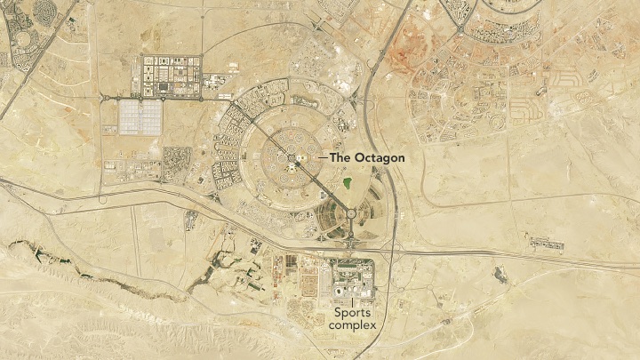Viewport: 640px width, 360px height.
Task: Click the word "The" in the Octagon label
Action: pos(340,157)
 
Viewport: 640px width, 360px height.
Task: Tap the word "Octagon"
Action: pos(380,157)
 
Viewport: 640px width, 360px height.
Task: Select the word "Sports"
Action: pos(352,313)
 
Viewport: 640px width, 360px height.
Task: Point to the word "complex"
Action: pos(352,325)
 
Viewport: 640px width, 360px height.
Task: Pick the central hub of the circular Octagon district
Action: pos(292,158)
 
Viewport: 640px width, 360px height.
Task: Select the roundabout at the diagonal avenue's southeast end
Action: pos(351,213)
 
